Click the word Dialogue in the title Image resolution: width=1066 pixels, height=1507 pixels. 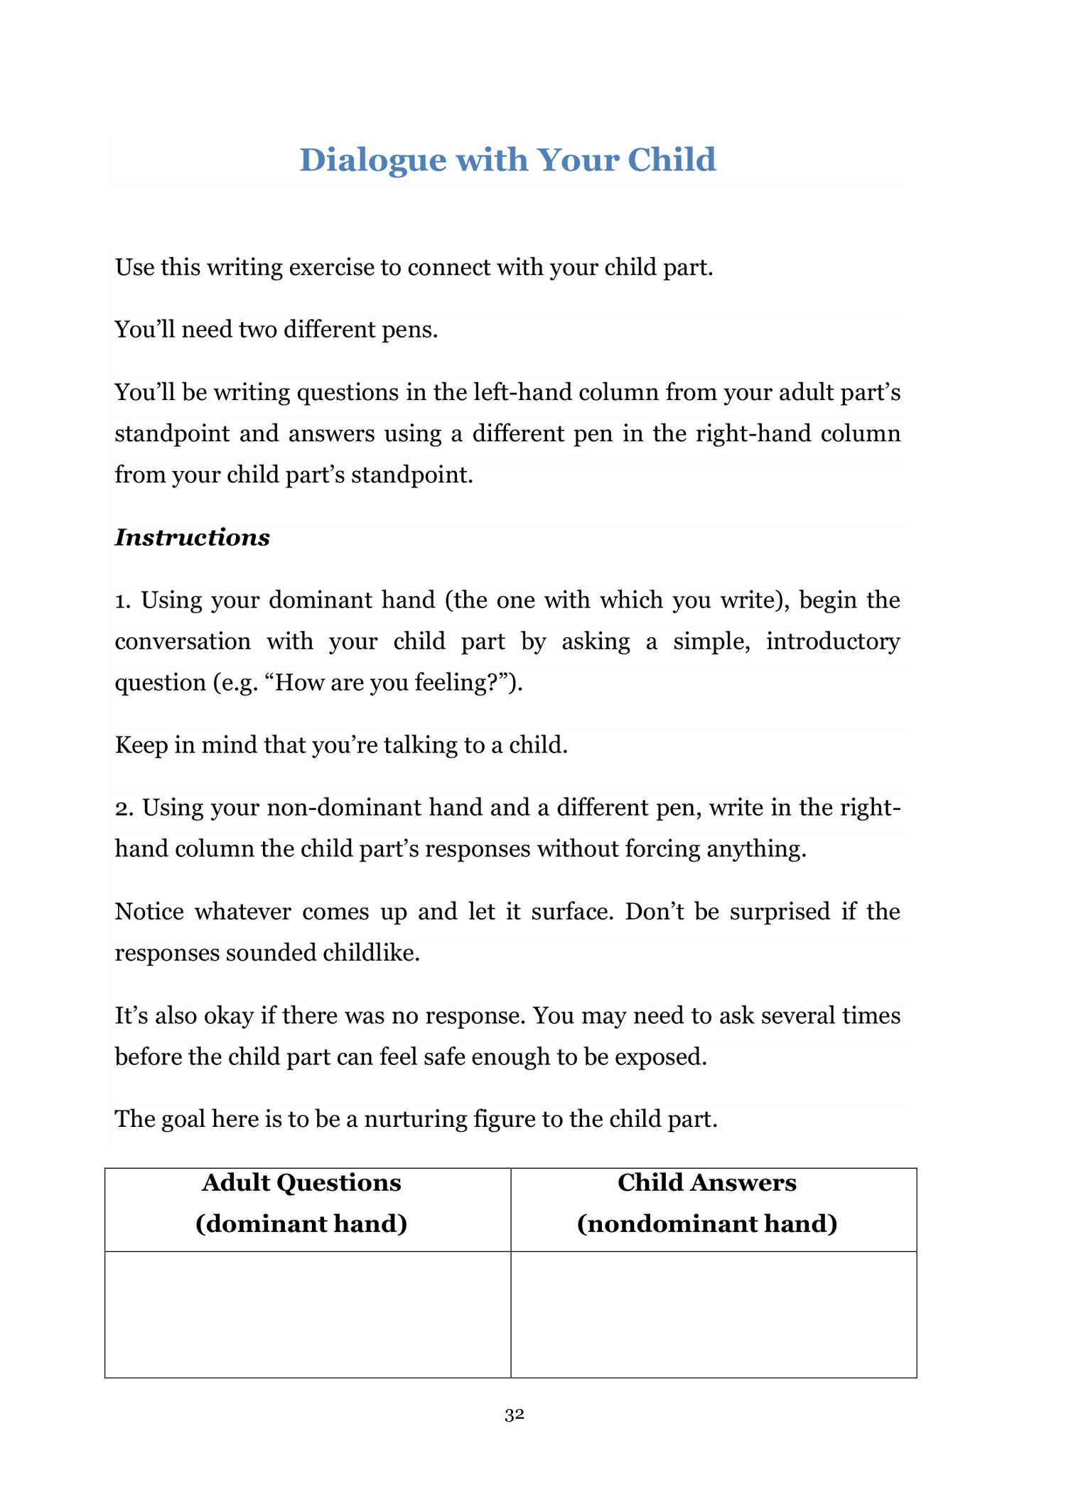[372, 160]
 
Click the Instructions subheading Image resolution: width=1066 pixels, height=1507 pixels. [192, 537]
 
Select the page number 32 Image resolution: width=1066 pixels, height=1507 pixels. [514, 1415]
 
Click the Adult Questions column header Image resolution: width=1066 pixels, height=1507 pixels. [301, 1203]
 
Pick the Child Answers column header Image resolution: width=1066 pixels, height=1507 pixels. [706, 1203]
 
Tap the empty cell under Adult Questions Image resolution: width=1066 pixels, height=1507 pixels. [308, 1314]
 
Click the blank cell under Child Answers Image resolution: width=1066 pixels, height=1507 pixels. [714, 1314]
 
